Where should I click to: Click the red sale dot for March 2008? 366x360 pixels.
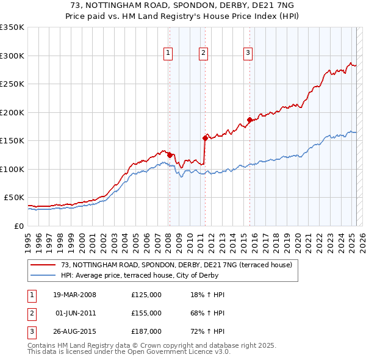[x=170, y=155]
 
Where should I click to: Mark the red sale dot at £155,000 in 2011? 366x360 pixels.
[x=204, y=138]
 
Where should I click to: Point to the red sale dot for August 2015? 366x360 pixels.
[x=249, y=120]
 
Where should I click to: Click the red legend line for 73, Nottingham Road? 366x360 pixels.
[x=42, y=265]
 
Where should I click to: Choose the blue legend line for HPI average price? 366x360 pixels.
[x=42, y=275]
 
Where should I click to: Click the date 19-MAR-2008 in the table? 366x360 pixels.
[x=74, y=295]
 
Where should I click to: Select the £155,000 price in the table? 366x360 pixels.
[x=146, y=313]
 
